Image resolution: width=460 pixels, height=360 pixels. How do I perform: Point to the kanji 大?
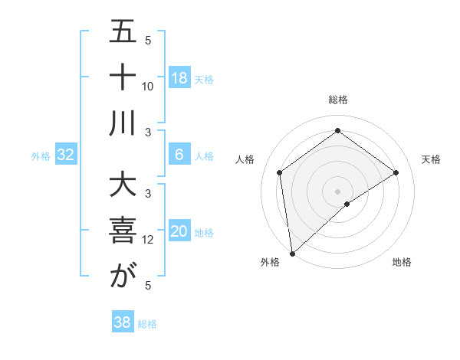click(x=123, y=187)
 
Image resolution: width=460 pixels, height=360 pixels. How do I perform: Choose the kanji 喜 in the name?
click(x=123, y=232)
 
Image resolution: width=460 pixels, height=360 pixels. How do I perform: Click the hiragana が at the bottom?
click(x=123, y=277)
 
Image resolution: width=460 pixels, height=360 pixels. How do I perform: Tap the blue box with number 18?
click(x=179, y=78)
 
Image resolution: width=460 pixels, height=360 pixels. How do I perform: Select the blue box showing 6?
click(x=179, y=155)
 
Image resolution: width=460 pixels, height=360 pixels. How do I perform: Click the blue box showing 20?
click(x=179, y=232)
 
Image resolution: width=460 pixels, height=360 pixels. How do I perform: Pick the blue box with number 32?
click(x=66, y=155)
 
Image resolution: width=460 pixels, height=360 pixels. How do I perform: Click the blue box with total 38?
click(x=123, y=322)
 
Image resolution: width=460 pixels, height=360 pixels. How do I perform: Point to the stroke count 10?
click(x=148, y=86)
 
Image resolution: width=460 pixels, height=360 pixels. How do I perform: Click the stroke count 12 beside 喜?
click(x=148, y=240)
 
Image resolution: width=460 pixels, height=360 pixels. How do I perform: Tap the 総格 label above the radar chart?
click(x=338, y=100)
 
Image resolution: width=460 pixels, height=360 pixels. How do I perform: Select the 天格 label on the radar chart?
click(x=431, y=159)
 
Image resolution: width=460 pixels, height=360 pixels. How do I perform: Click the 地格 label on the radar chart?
click(x=402, y=262)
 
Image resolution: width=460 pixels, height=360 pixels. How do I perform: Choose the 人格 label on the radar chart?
click(x=245, y=159)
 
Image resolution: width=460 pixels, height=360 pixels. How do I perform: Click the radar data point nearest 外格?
click(x=292, y=253)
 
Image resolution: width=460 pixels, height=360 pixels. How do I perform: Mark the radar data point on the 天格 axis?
click(x=396, y=172)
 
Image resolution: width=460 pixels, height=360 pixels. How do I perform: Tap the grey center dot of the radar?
click(x=338, y=191)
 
